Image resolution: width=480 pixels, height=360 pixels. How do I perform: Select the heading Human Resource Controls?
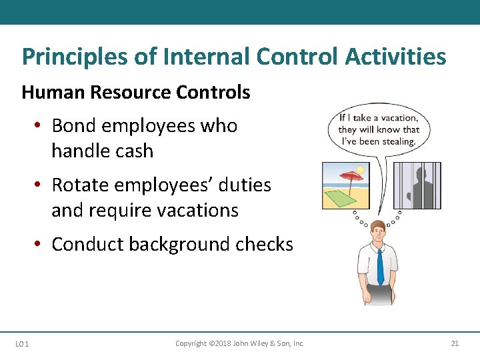click(136, 92)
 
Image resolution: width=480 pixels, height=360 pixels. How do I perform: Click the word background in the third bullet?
click(180, 245)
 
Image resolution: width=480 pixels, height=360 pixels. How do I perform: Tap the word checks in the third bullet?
click(265, 245)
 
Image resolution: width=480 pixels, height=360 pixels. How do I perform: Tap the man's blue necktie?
click(380, 266)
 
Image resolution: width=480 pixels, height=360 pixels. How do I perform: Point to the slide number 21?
click(455, 343)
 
